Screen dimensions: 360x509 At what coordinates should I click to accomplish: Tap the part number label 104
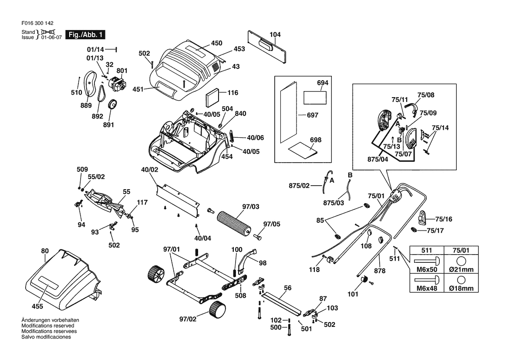(x=275, y=34)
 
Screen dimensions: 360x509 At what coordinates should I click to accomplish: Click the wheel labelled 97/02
(x=218, y=310)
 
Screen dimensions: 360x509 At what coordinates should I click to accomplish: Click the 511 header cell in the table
(x=426, y=250)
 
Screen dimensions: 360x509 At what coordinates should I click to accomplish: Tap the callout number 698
(x=315, y=140)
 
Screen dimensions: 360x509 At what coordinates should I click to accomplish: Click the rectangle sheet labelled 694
(x=315, y=97)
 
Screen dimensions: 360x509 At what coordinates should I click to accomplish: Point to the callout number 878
(x=380, y=271)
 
